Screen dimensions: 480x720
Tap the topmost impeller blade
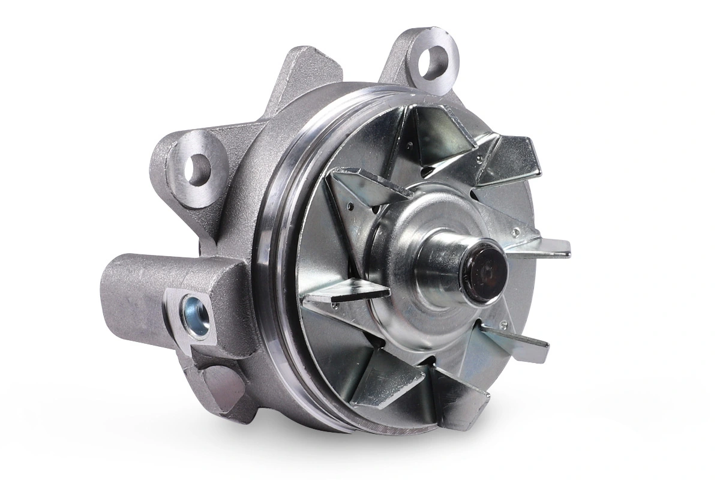coord(441,126)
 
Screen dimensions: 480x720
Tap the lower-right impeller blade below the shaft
coord(516,342)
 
